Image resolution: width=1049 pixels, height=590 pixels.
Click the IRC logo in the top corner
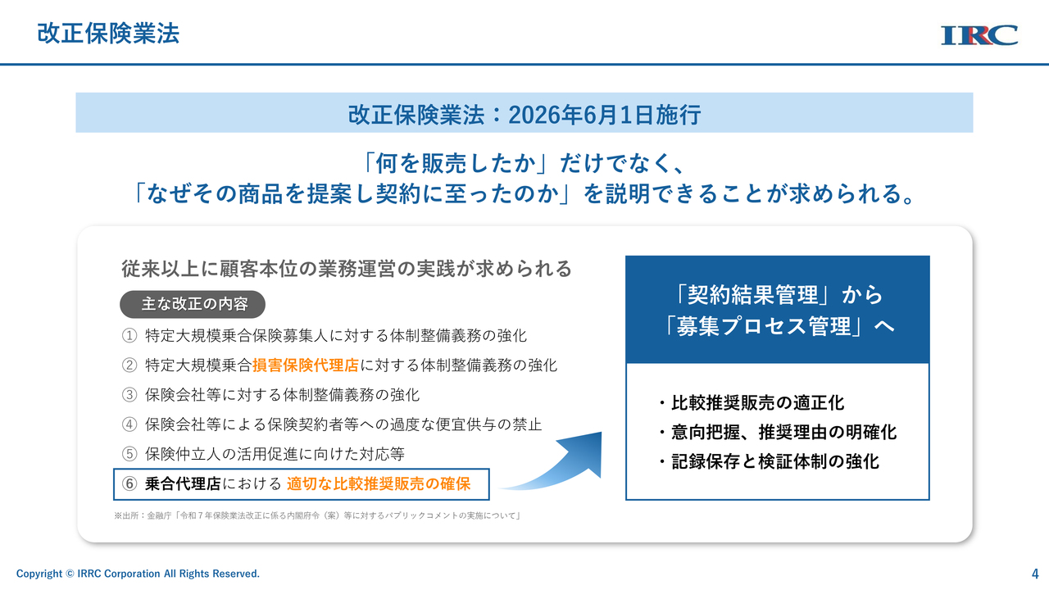tap(979, 35)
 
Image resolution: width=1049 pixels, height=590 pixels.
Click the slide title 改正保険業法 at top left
tap(108, 34)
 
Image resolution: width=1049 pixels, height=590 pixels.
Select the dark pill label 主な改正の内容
tap(193, 304)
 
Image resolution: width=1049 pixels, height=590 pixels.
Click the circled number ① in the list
tap(129, 336)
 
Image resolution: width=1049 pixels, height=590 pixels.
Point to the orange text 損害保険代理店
tap(306, 365)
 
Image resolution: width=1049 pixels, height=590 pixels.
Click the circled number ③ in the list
tap(129, 395)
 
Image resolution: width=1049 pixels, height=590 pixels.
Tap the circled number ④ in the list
tap(129, 424)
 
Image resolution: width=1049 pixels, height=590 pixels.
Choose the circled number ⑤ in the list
tap(129, 454)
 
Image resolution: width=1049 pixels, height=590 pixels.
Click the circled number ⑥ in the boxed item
tap(129, 483)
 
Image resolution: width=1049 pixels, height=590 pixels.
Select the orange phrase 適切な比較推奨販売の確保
tap(379, 483)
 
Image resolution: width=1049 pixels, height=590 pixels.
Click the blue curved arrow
tap(562, 468)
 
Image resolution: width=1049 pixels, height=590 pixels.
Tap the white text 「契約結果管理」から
tap(778, 295)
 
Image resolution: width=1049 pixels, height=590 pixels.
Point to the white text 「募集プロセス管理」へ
tap(778, 326)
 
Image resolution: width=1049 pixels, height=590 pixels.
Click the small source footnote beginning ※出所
tap(318, 515)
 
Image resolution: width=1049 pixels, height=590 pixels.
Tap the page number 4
tap(1035, 574)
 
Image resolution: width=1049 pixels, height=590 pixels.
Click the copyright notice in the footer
tap(138, 574)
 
